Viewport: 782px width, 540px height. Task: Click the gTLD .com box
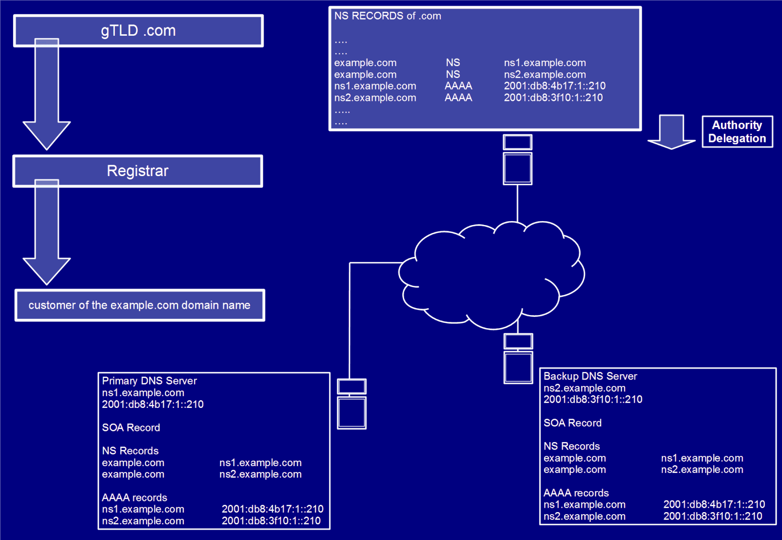coord(138,31)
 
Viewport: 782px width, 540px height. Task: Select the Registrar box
coord(138,171)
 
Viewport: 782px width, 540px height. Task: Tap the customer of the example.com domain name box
coord(139,305)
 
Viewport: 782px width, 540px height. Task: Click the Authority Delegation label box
coord(737,132)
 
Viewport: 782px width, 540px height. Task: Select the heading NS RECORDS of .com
coord(388,16)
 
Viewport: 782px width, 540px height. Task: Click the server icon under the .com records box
coord(518,160)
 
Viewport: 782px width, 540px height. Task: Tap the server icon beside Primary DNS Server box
coord(352,404)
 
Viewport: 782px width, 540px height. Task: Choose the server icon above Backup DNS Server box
coord(518,359)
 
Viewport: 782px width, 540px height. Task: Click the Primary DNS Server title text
coord(149,381)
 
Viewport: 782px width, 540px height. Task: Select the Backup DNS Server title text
coord(590,376)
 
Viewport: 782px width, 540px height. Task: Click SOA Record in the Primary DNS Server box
coord(131,427)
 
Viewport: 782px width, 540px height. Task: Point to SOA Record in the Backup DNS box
coord(572,423)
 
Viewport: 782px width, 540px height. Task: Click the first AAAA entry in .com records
coord(458,86)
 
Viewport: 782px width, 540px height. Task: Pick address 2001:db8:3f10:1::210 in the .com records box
coord(553,98)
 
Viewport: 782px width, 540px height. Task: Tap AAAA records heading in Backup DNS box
coord(576,493)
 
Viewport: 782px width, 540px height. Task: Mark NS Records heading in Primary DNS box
coord(130,450)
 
